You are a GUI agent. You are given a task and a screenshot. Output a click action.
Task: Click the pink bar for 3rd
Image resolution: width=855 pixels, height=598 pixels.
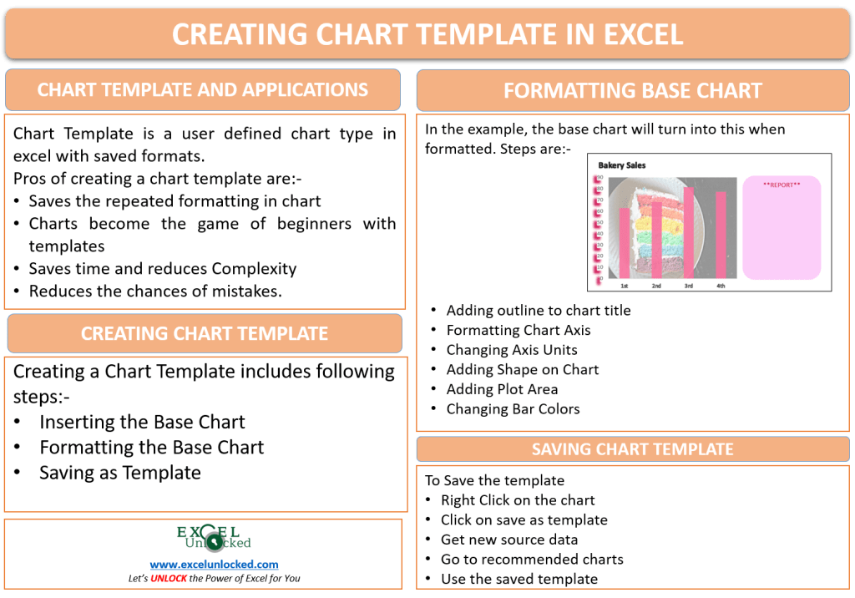(x=689, y=234)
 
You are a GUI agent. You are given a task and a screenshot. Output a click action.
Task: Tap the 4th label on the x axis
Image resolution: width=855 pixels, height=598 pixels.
(x=721, y=286)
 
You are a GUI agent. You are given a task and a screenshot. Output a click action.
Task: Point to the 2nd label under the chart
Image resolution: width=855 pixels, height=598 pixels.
(x=656, y=286)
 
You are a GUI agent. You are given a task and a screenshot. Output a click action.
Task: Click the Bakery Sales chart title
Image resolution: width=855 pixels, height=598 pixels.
(x=621, y=165)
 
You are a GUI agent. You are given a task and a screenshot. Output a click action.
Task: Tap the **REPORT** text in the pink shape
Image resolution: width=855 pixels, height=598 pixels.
(x=782, y=185)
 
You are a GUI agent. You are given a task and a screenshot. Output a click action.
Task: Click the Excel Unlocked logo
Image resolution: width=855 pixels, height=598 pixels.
(x=214, y=538)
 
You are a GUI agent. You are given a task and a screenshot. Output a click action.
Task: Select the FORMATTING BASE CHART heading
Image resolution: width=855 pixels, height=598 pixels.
(x=632, y=91)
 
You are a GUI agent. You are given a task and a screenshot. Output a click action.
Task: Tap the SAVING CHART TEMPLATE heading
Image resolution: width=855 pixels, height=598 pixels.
(x=632, y=449)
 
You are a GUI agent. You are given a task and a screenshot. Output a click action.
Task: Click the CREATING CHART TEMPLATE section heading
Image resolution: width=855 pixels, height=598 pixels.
(x=204, y=333)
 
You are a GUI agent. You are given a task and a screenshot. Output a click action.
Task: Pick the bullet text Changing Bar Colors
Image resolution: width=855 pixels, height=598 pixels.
(x=513, y=409)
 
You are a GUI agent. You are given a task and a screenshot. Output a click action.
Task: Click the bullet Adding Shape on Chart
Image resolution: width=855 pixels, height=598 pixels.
(x=523, y=369)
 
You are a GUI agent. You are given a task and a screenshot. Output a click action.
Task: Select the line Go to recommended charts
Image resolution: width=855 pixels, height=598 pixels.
(x=532, y=560)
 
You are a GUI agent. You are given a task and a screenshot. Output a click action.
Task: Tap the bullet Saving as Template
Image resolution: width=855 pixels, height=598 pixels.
(x=120, y=473)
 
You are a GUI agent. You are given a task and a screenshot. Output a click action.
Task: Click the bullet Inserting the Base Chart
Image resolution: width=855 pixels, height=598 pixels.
(x=142, y=422)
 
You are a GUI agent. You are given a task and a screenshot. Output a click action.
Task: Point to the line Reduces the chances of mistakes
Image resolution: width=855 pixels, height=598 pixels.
(x=155, y=291)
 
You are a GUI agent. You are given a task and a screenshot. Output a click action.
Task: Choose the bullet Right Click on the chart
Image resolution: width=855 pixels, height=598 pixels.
(x=518, y=500)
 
